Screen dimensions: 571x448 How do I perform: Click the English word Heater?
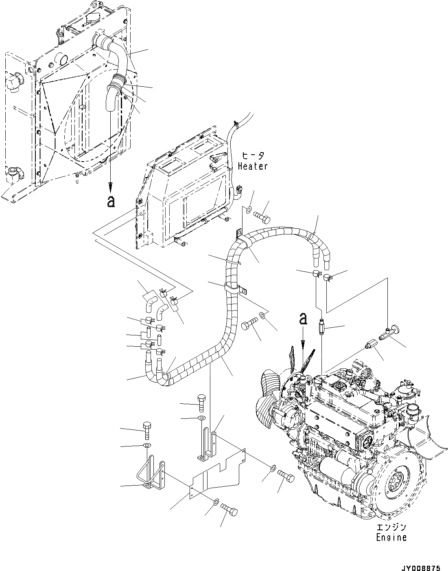tap(253, 166)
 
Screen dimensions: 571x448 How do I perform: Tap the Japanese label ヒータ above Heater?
tap(253, 156)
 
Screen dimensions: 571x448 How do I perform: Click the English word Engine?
tap(391, 537)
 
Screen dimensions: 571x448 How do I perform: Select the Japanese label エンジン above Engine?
tap(391, 528)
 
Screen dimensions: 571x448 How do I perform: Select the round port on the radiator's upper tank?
tap(62, 59)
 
